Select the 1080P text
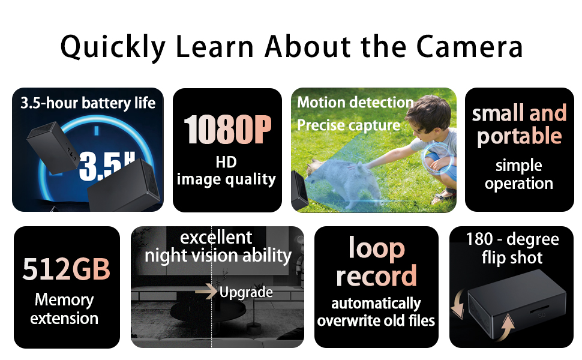click(227, 130)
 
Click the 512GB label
click(67, 269)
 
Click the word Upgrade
click(246, 293)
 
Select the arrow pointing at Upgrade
click(206, 292)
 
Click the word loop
click(376, 248)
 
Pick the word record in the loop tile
click(376, 276)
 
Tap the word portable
click(519, 137)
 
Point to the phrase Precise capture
click(349, 125)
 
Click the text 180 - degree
click(512, 240)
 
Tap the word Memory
click(64, 299)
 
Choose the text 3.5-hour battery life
click(88, 103)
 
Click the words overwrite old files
click(376, 321)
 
